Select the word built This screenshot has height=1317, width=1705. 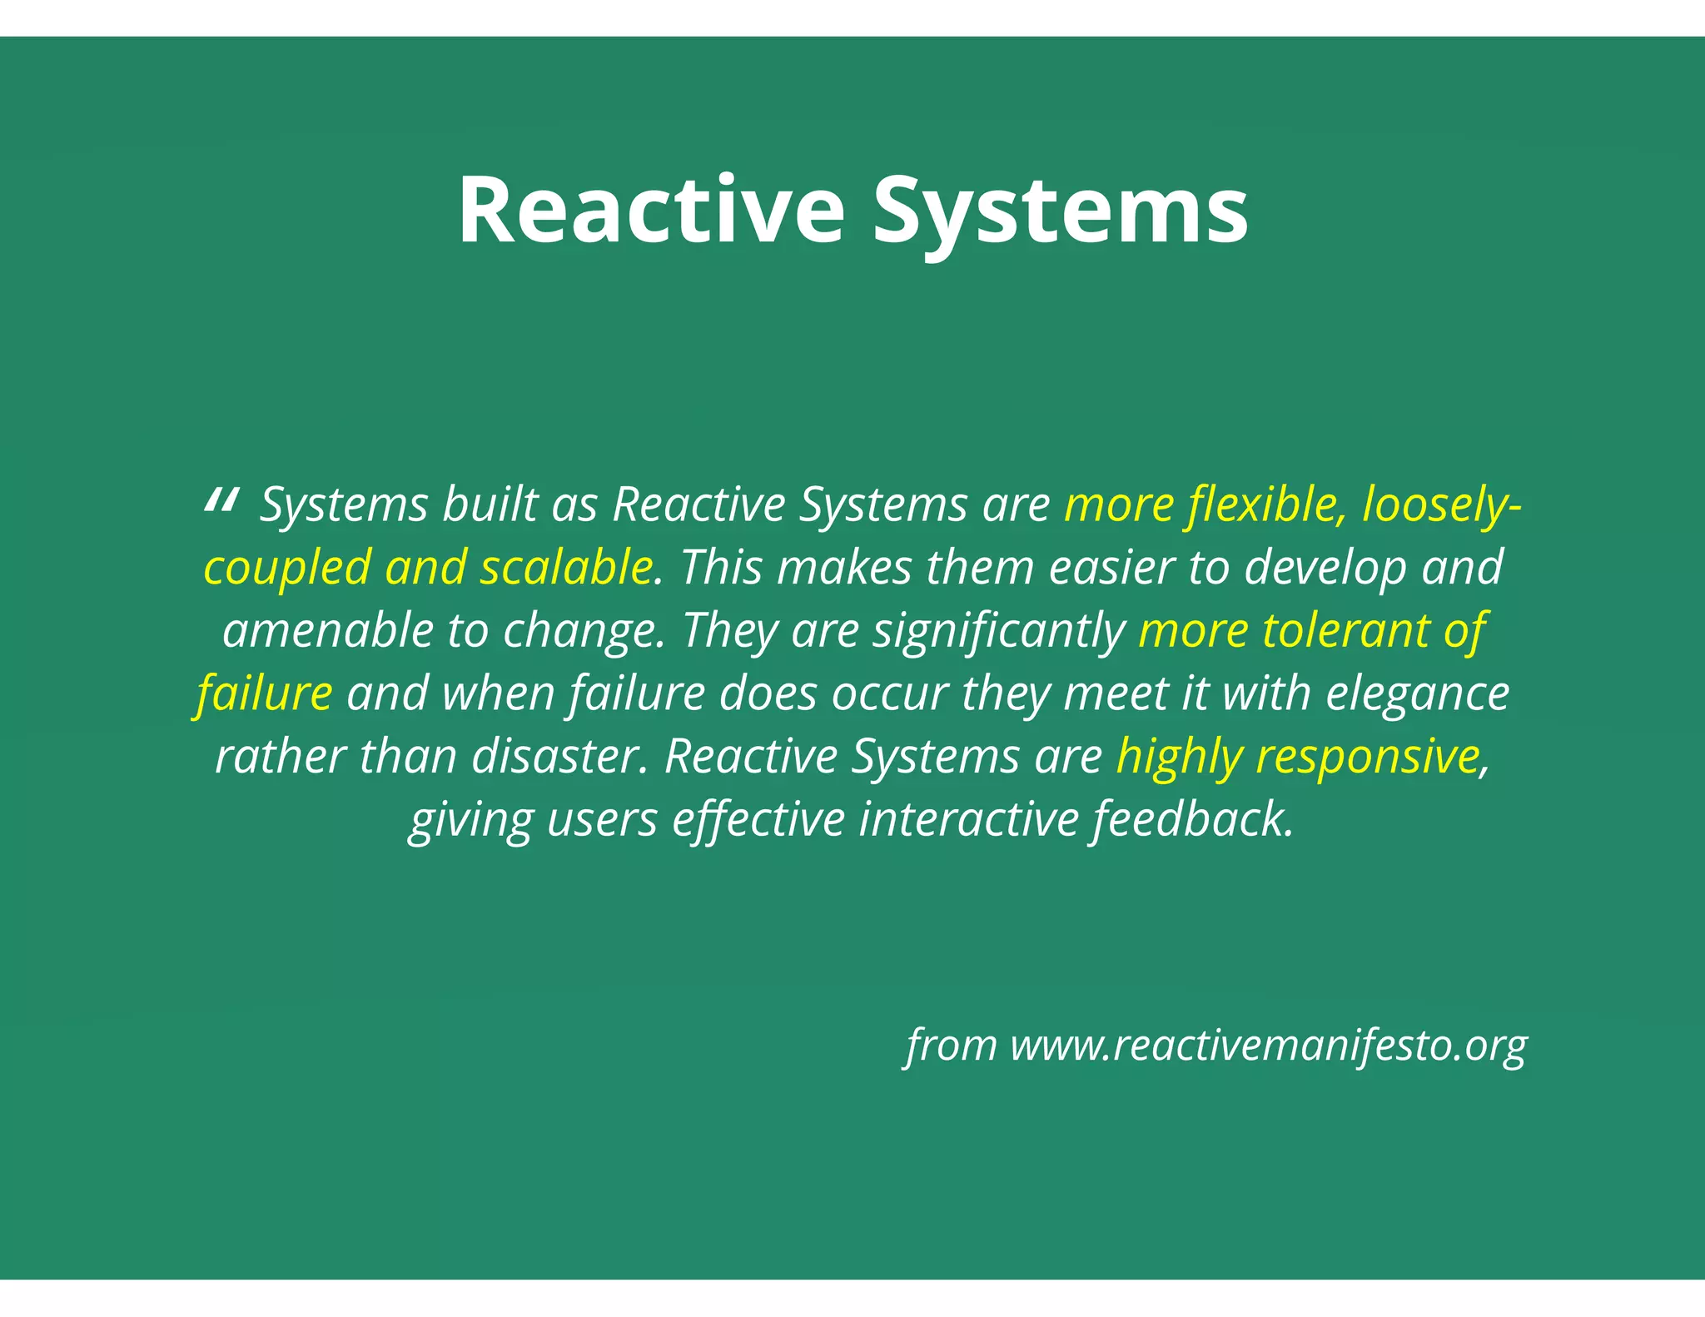coord(489,504)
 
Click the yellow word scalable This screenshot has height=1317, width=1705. coord(566,568)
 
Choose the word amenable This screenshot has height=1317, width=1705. coord(327,630)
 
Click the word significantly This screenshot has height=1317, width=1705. coord(998,630)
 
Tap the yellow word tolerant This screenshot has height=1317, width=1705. coord(1345,630)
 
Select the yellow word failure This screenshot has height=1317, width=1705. coord(265,693)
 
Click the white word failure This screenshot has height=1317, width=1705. coord(637,693)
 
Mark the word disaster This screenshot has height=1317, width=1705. coord(559,757)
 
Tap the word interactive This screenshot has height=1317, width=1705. coord(969,819)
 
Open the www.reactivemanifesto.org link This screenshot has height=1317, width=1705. coord(1269,1046)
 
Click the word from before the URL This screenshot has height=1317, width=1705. coord(952,1046)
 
